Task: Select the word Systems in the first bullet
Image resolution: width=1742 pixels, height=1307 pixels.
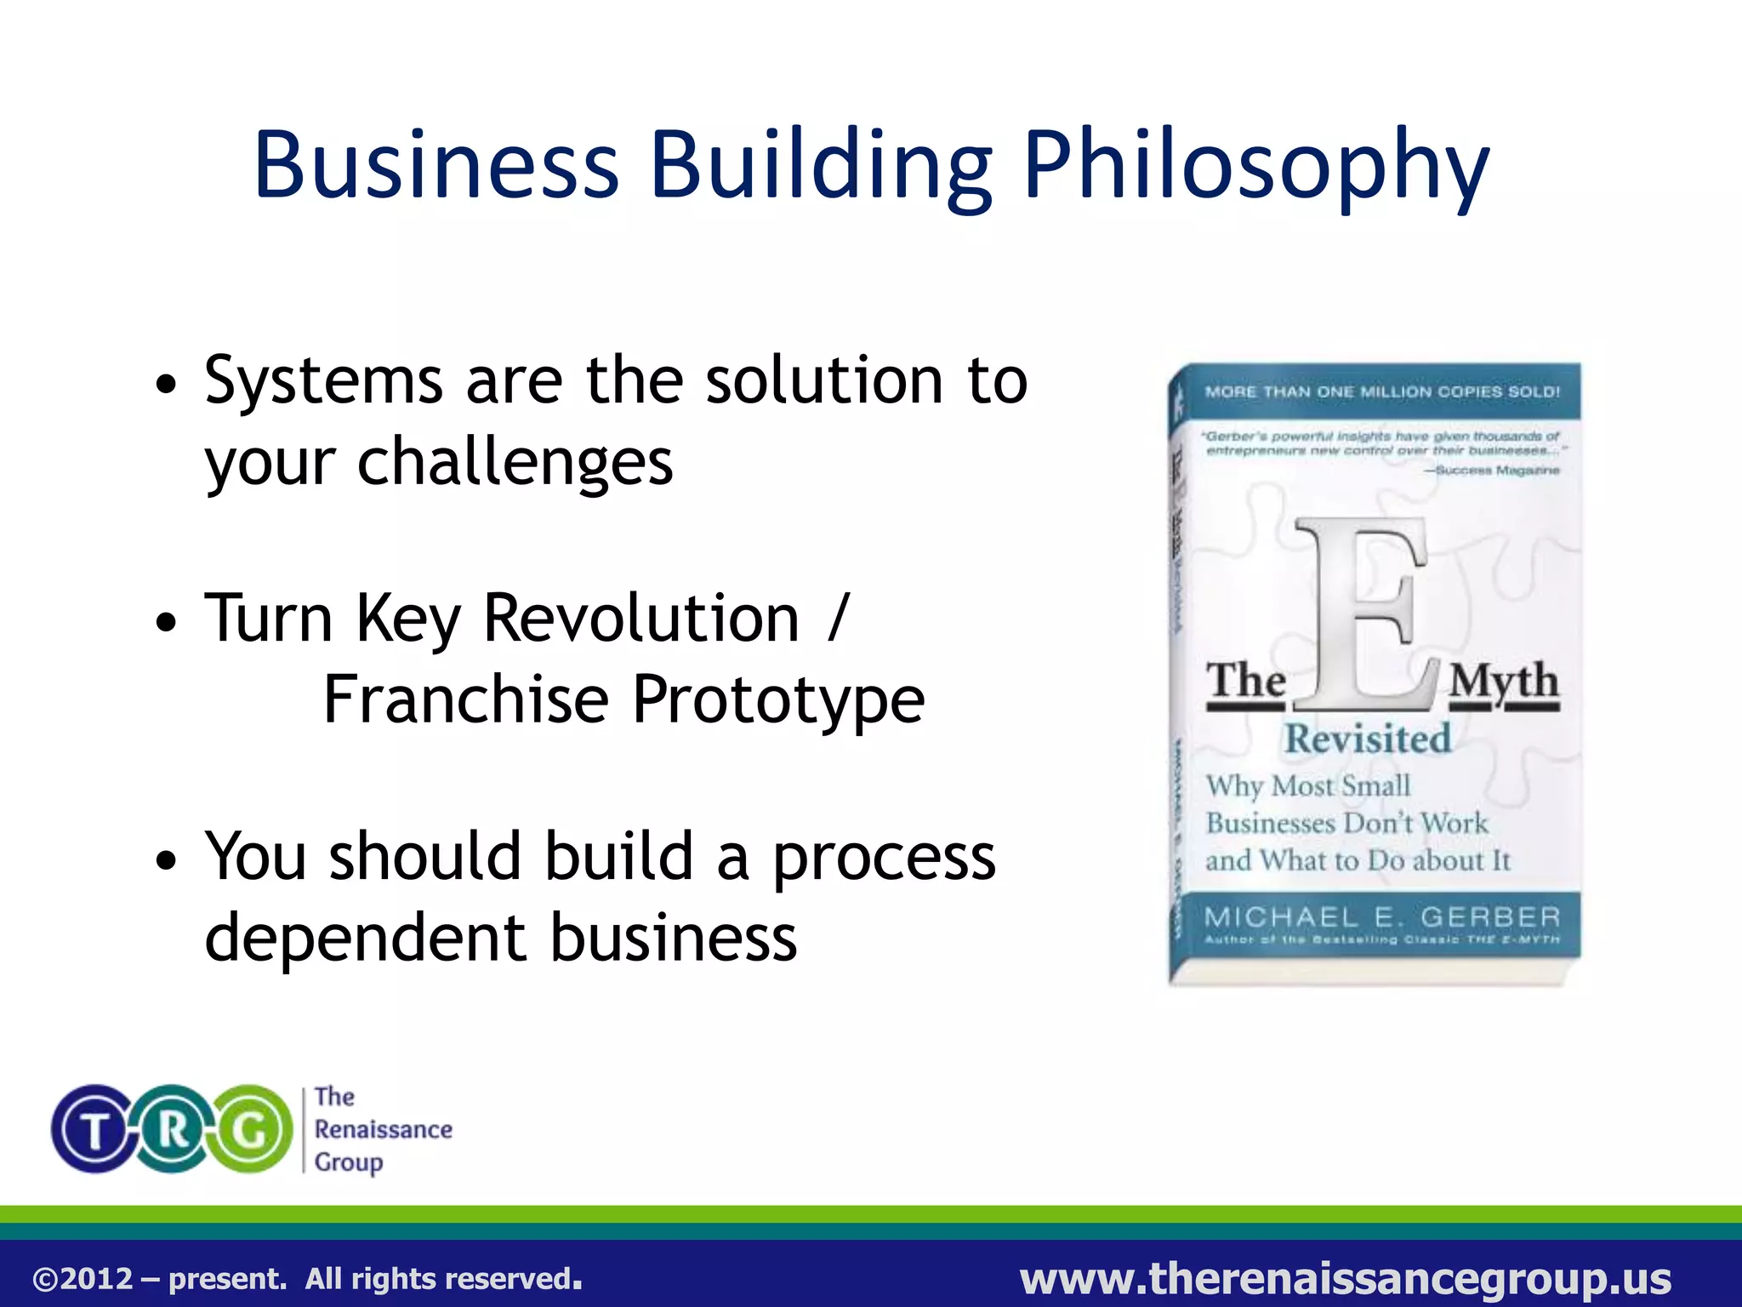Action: (x=324, y=380)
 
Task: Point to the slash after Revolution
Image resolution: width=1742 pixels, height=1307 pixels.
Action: (x=838, y=617)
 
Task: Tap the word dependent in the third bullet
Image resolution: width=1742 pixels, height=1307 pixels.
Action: (x=367, y=938)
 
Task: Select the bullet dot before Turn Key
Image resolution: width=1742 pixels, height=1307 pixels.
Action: (x=168, y=622)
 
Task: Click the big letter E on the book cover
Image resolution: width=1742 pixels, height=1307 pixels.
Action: (x=1364, y=613)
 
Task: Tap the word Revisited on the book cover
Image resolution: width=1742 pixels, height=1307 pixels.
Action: (x=1368, y=739)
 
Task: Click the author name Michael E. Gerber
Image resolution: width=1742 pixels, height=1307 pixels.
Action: (x=1382, y=917)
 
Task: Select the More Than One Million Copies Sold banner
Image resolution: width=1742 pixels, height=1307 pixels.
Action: (x=1382, y=392)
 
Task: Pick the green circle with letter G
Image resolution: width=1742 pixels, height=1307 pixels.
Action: (x=251, y=1129)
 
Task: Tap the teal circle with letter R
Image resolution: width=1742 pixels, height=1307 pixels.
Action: (x=173, y=1129)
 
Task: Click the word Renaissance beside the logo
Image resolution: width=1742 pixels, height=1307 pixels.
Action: (x=383, y=1129)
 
